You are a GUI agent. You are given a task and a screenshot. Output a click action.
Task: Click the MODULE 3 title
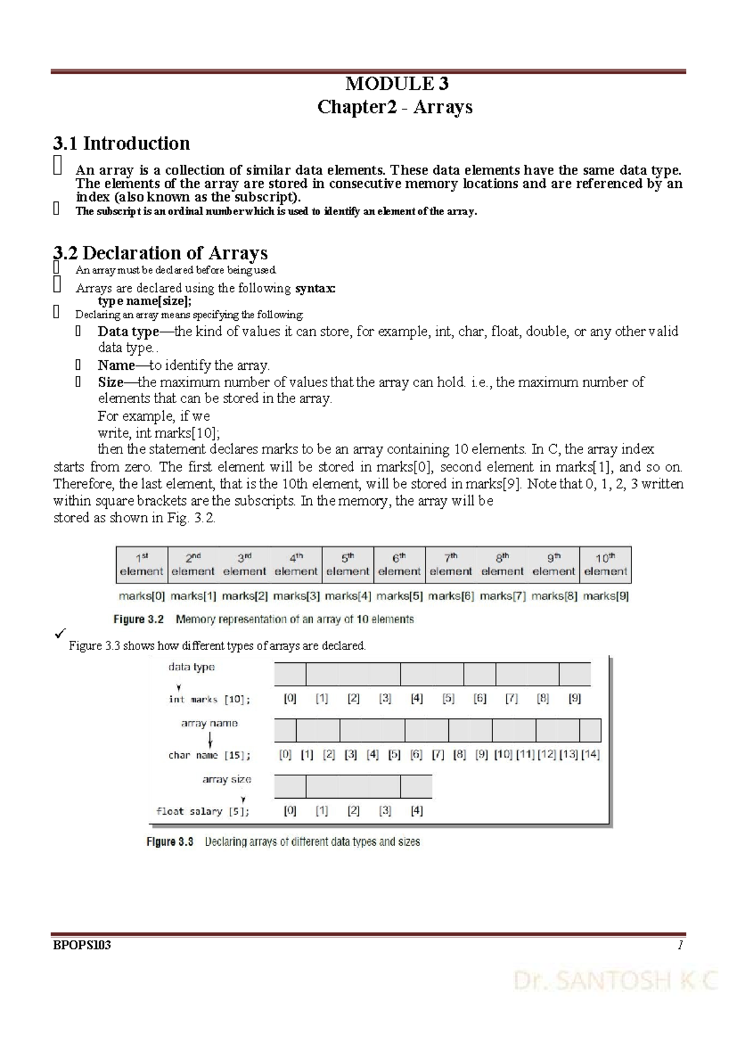397,84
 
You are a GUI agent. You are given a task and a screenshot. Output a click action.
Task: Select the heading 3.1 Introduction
122,143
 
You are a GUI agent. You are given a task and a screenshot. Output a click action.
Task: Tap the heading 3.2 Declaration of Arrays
160,253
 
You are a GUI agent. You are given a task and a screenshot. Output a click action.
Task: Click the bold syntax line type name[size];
145,301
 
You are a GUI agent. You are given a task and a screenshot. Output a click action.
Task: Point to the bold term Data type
128,332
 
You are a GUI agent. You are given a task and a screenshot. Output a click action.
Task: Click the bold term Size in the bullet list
111,382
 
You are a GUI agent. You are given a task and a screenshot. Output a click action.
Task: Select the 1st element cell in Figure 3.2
142,565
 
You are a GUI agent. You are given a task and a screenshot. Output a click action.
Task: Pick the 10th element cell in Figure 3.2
605,565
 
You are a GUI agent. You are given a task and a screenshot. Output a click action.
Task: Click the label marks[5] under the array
399,596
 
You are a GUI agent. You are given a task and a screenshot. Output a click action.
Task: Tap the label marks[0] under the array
142,596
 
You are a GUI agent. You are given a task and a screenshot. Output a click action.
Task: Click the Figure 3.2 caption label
139,619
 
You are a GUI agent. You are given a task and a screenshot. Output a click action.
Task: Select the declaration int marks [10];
209,699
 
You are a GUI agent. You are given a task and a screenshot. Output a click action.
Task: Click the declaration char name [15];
209,755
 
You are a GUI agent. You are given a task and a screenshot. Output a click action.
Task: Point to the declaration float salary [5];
203,811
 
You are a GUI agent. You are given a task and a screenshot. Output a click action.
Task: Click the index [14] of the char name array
590,754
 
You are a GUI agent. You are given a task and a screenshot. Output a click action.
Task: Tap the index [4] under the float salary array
416,810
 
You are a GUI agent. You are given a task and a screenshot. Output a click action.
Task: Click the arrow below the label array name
210,739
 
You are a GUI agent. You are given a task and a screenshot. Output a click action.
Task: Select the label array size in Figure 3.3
227,779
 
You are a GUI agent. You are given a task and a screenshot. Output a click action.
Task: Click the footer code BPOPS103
82,945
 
